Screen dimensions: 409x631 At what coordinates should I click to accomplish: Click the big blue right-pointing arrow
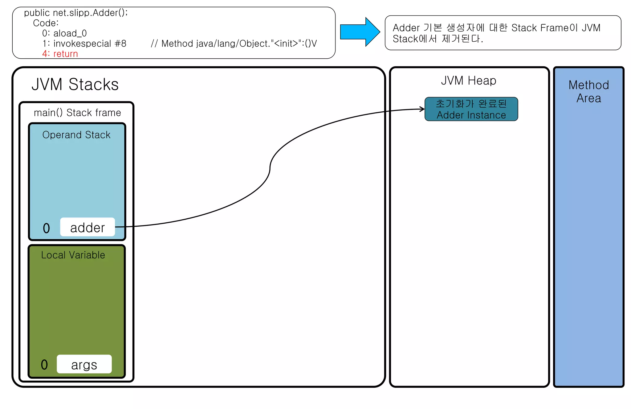coord(359,32)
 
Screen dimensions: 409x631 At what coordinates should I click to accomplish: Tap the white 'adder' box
coord(88,227)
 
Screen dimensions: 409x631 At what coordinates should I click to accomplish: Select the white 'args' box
coord(84,364)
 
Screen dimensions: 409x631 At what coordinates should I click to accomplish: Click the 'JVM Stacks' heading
coord(75,84)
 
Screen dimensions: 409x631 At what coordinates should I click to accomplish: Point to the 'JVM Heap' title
coord(469,81)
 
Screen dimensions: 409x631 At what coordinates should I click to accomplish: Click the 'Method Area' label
coord(588,91)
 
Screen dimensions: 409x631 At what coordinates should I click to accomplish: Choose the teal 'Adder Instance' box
coord(471,109)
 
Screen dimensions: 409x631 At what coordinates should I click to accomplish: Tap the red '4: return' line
coord(60,54)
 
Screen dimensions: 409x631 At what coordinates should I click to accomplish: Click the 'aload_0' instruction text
coord(70,33)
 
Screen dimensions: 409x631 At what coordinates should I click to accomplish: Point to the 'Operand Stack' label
coord(76,135)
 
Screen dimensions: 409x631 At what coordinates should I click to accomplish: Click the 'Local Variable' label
coord(73,255)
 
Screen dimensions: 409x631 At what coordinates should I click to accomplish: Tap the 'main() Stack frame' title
coord(77,113)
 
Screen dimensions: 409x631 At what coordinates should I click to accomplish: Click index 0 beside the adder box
coord(46,228)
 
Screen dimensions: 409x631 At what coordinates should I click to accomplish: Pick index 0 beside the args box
coord(44,365)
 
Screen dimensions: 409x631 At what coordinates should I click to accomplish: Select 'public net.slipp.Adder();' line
coord(76,13)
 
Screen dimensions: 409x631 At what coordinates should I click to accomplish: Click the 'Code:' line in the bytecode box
coord(46,23)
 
